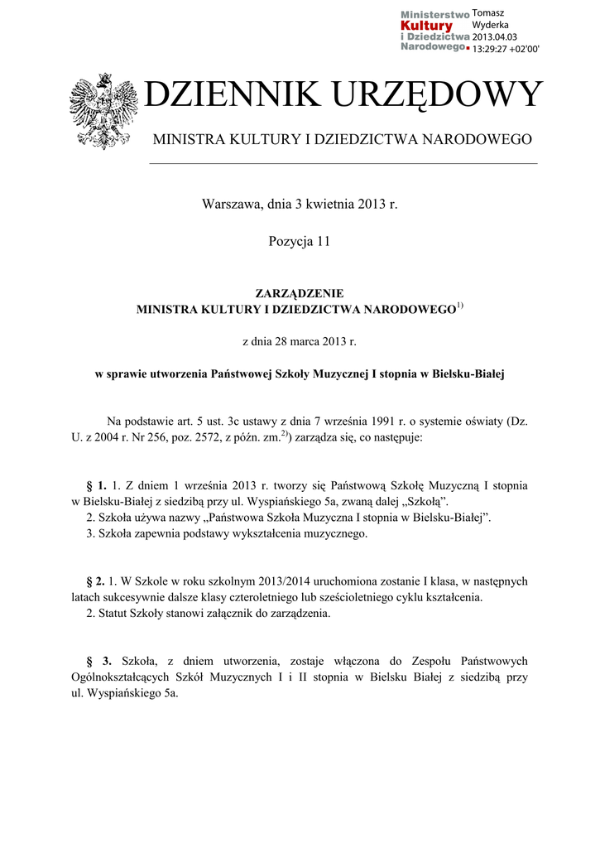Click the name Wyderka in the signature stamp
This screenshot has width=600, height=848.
tap(490, 25)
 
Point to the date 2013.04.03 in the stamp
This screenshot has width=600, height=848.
tap(494, 37)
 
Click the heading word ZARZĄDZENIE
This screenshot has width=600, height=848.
tap(300, 293)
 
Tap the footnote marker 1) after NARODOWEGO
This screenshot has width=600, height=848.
tap(460, 306)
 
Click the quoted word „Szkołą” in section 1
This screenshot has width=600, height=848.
tap(422, 501)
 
